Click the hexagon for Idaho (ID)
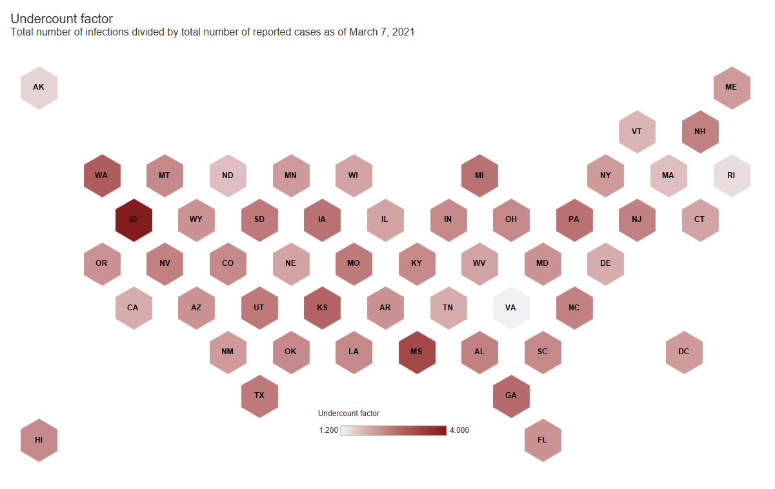(133, 219)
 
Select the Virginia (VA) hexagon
(510, 308)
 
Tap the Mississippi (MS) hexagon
(417, 352)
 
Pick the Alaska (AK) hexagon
(39, 87)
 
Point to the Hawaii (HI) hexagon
(39, 440)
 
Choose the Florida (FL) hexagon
(542, 440)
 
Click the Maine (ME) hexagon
(731, 87)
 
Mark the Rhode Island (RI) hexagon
(731, 175)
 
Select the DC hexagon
(684, 352)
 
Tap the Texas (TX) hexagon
(259, 395)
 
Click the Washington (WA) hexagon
(101, 175)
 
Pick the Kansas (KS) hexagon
(322, 308)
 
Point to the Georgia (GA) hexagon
(510, 395)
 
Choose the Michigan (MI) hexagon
(479, 175)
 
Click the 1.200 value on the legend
(328, 430)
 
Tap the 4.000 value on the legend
(459, 430)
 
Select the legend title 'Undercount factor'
(348, 413)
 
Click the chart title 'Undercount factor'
(61, 19)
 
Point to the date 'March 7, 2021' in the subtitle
(381, 32)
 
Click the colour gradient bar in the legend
(394, 430)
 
